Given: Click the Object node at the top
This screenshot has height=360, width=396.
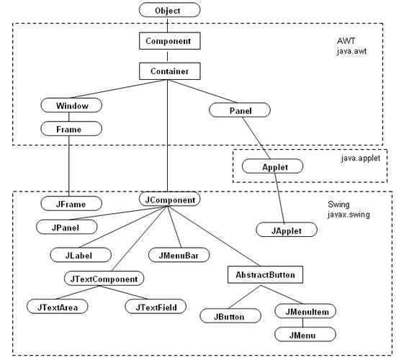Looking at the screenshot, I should coord(168,11).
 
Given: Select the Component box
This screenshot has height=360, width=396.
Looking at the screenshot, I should coord(168,41).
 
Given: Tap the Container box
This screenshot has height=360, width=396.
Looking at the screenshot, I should coord(168,71).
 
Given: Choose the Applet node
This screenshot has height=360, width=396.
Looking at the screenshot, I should coord(271,166).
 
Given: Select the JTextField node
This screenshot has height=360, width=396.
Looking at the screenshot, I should coord(156,307).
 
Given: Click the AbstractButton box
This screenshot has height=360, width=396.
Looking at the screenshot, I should coord(264,274).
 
